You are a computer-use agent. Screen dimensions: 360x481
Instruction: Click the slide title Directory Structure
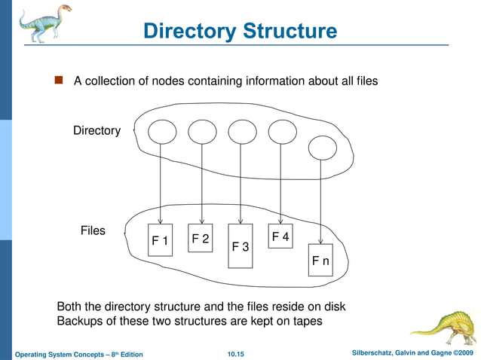(x=240, y=31)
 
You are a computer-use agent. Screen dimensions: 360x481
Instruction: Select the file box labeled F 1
(x=160, y=240)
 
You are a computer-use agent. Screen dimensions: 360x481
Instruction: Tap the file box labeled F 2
(x=201, y=237)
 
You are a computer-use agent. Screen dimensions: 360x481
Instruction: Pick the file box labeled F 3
(x=240, y=246)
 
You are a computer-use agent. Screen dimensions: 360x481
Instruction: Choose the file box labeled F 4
(x=280, y=236)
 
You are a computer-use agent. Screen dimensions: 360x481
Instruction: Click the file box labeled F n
(x=320, y=261)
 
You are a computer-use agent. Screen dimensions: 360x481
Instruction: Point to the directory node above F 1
(x=161, y=133)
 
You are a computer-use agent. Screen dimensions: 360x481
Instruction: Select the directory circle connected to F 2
(x=201, y=133)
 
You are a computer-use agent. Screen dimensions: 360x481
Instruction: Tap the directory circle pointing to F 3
(x=241, y=132)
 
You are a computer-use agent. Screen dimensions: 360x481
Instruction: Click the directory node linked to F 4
(x=282, y=132)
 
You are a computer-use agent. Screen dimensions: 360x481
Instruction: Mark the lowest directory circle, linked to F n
(x=322, y=147)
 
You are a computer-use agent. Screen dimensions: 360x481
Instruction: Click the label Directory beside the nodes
(x=97, y=131)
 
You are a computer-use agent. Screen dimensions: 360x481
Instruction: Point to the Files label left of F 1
(x=93, y=230)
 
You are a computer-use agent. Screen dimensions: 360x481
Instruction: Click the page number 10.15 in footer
(x=240, y=354)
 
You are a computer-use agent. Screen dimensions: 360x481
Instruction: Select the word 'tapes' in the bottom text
(x=306, y=321)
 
